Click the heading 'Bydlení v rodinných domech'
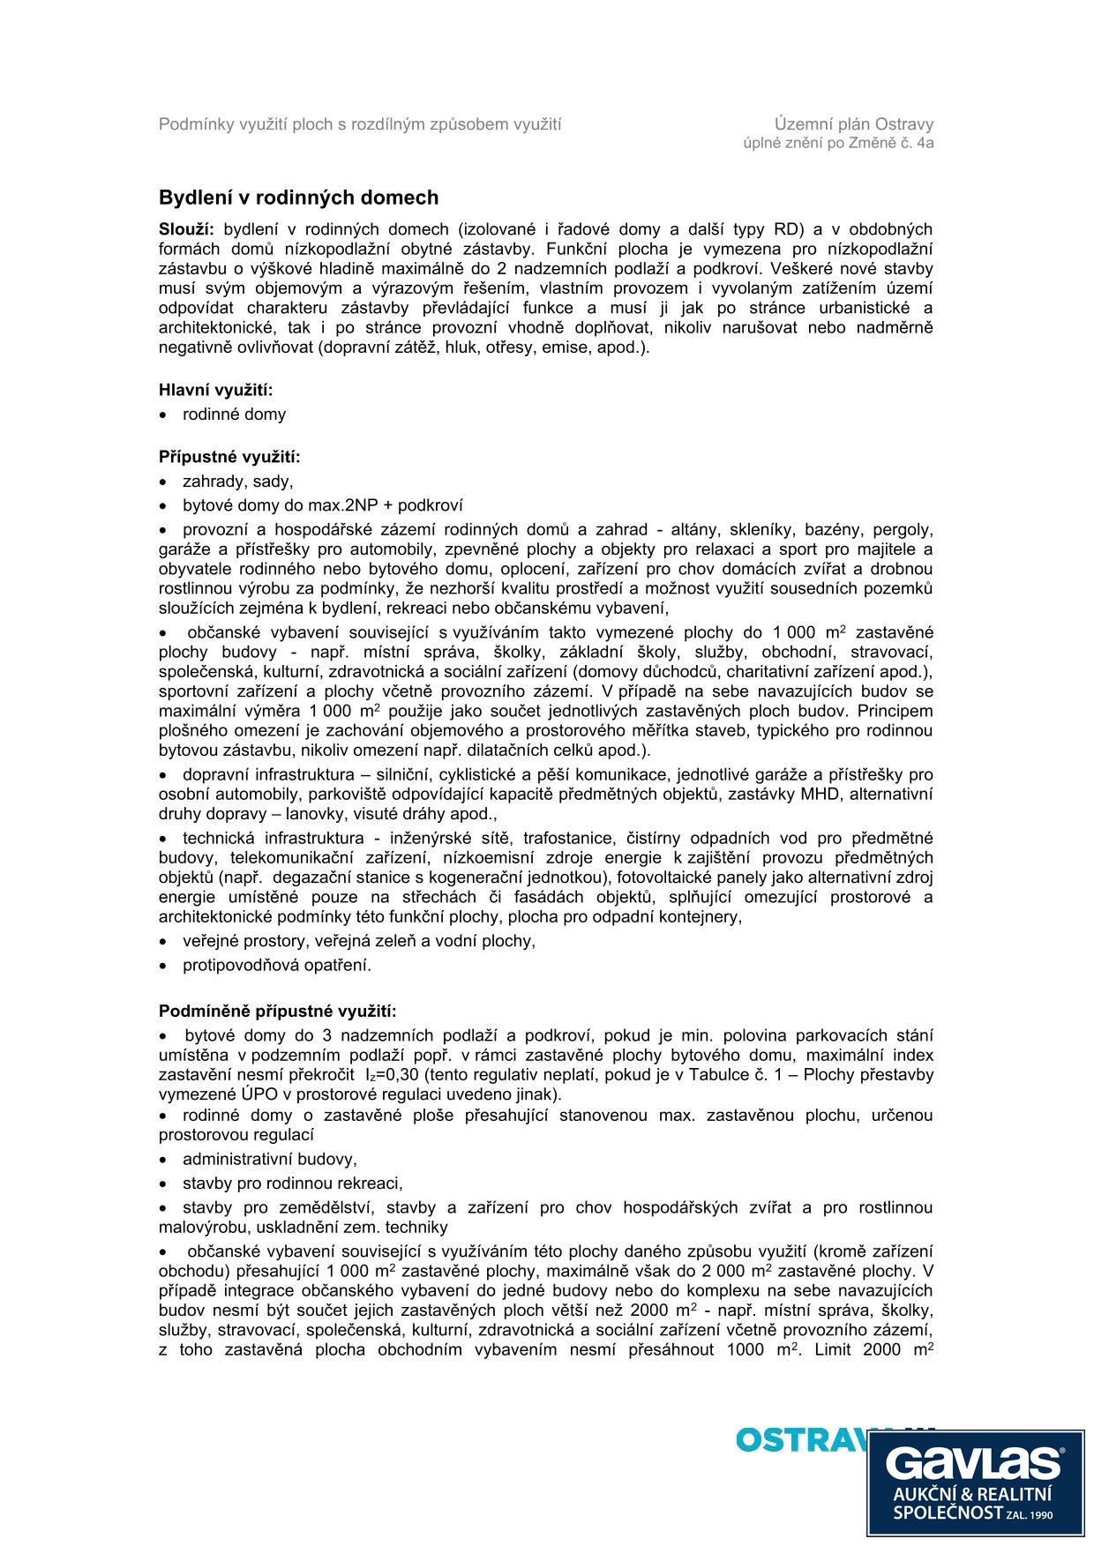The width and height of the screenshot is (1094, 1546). pyautogui.click(x=298, y=198)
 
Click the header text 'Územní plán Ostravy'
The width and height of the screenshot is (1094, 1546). pyautogui.click(x=853, y=124)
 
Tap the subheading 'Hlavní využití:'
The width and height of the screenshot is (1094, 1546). pyautogui.click(x=215, y=390)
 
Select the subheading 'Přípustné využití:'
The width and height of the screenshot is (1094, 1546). pyautogui.click(x=229, y=457)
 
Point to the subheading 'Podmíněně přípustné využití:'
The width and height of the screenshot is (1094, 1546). pyautogui.click(x=277, y=1011)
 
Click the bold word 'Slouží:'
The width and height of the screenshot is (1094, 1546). pyautogui.click(x=186, y=229)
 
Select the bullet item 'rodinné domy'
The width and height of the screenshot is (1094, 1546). pyautogui.click(x=234, y=415)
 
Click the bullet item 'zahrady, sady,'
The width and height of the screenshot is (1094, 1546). pyautogui.click(x=237, y=482)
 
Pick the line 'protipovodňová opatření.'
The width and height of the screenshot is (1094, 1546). pyautogui.click(x=277, y=965)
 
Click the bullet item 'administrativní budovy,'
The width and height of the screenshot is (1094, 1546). pyautogui.click(x=269, y=1159)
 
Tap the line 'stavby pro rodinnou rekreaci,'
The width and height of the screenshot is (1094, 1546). pyautogui.click(x=292, y=1184)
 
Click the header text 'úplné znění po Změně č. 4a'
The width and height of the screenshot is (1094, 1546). pyautogui.click(x=838, y=143)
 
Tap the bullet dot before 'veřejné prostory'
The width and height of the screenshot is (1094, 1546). pyautogui.click(x=163, y=942)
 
